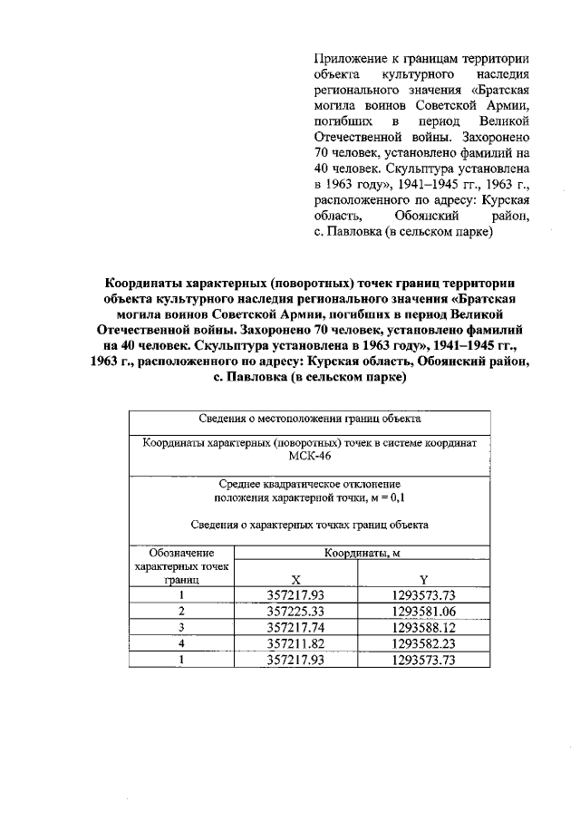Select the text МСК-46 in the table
(x=309, y=457)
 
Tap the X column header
(x=295, y=579)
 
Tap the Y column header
(x=423, y=579)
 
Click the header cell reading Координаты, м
(x=362, y=552)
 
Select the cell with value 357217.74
(x=296, y=627)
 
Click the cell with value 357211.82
(x=296, y=643)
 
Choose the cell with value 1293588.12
(x=423, y=627)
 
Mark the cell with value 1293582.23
(x=423, y=643)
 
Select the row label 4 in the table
(x=181, y=643)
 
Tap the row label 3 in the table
(x=181, y=627)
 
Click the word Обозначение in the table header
(x=181, y=552)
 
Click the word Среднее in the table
(x=240, y=485)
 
